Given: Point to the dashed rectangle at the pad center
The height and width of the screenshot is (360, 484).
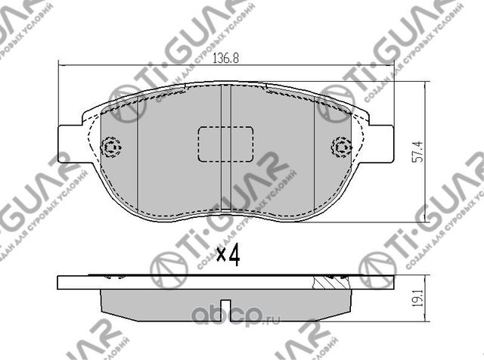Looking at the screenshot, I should pyautogui.click(x=225, y=143).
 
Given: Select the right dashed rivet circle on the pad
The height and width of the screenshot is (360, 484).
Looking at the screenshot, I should pyautogui.click(x=341, y=145).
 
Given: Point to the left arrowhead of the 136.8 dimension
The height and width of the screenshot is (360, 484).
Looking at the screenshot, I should pyautogui.click(x=62, y=66).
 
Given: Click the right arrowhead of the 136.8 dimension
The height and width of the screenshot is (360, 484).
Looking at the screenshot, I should pyautogui.click(x=392, y=66).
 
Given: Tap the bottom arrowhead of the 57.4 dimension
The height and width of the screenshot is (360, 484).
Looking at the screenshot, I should pyautogui.click(x=426, y=219).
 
